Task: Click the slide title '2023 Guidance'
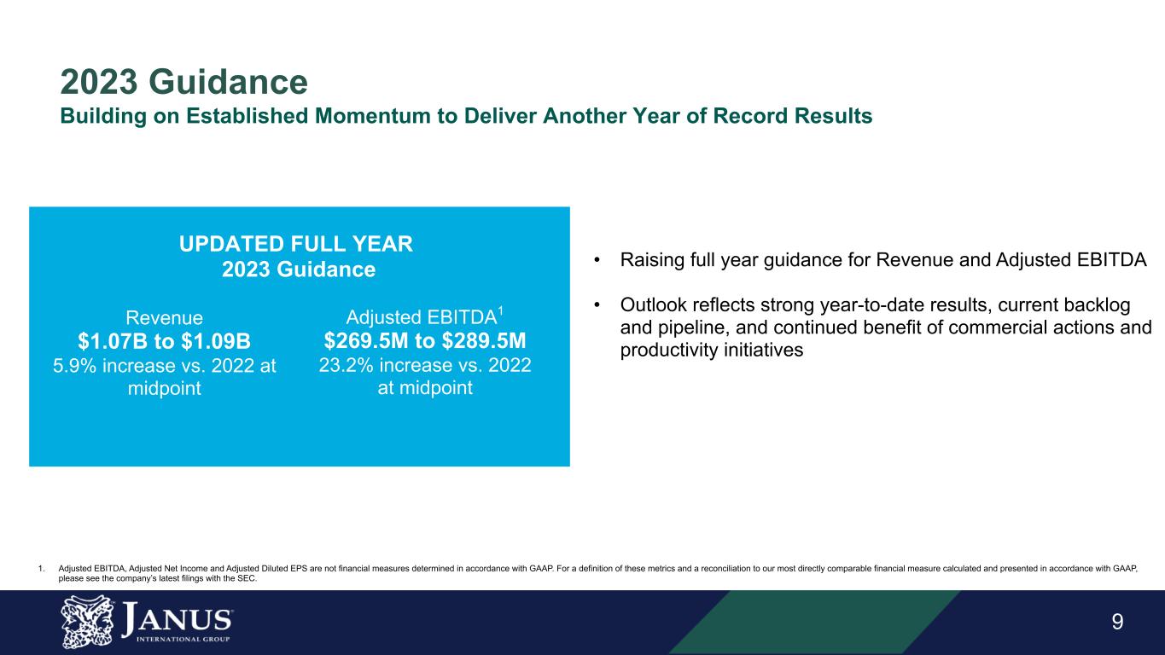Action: pyautogui.click(x=184, y=82)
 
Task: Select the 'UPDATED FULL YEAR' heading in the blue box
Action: pyautogui.click(x=296, y=244)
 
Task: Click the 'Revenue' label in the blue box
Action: pyautogui.click(x=165, y=317)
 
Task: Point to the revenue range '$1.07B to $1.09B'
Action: pyautogui.click(x=165, y=341)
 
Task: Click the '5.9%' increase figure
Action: pyautogui.click(x=74, y=365)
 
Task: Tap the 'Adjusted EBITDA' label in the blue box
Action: pyautogui.click(x=422, y=317)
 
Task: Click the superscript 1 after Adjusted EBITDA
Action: pyautogui.click(x=500, y=311)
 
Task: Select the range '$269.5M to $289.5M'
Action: pyautogui.click(x=425, y=341)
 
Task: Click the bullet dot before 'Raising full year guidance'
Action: pyautogui.click(x=597, y=259)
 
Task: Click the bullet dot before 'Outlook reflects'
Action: pyautogui.click(x=597, y=304)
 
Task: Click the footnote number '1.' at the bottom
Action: pyautogui.click(x=42, y=569)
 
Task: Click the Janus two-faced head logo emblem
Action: pyautogui.click(x=87, y=622)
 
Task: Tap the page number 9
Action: pyautogui.click(x=1117, y=622)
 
